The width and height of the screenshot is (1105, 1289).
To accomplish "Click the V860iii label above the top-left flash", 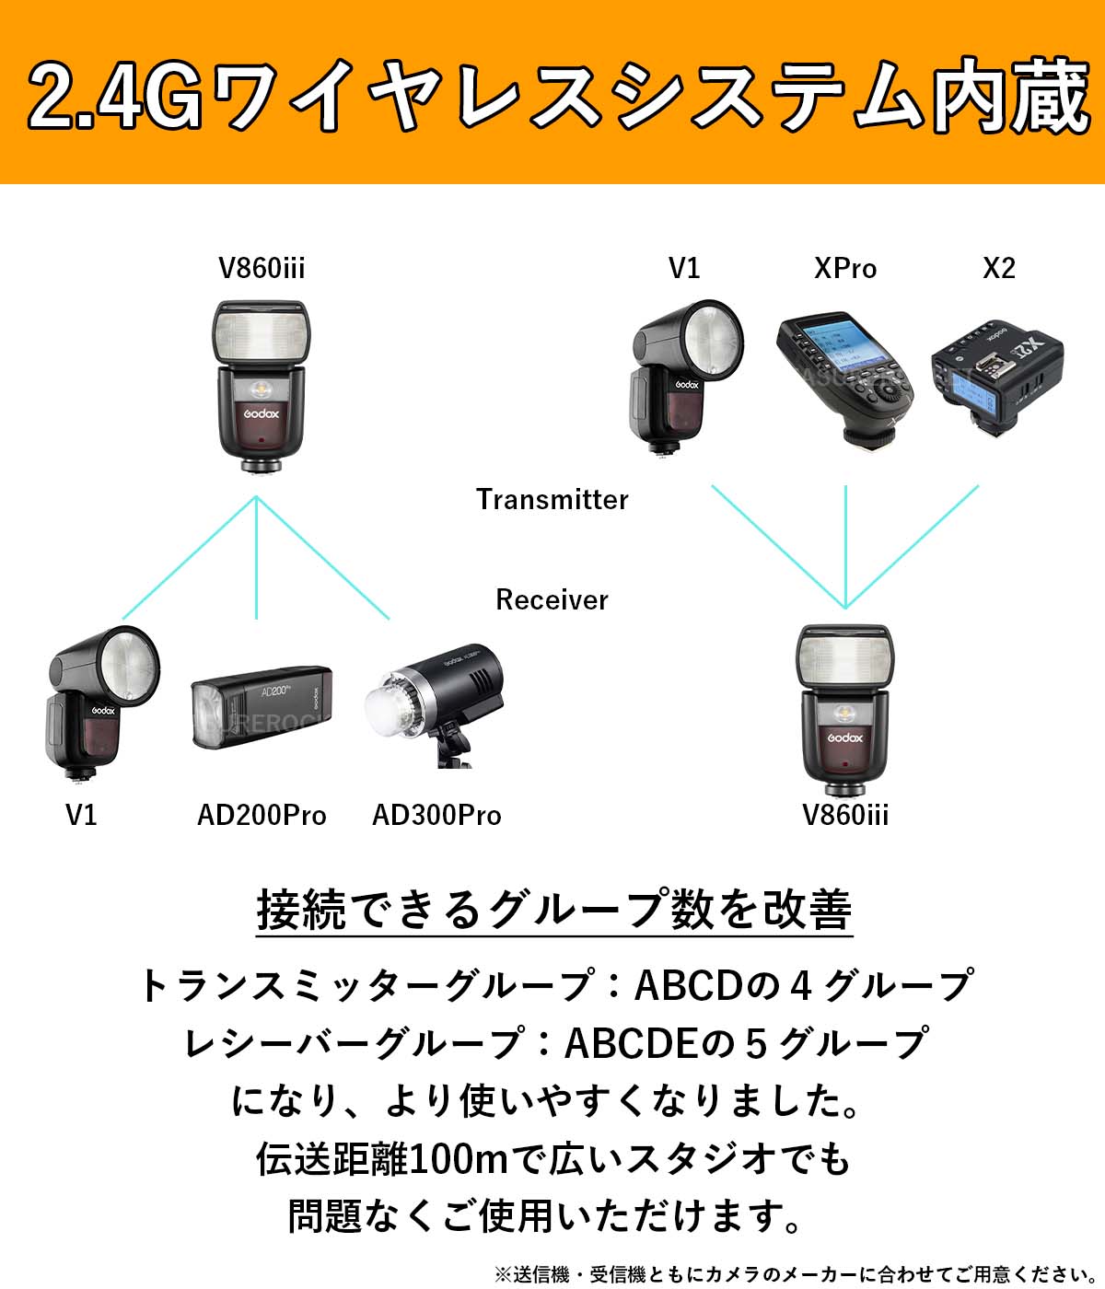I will pyautogui.click(x=262, y=268).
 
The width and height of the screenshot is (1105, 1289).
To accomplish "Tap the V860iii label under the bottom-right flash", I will pyautogui.click(x=845, y=815).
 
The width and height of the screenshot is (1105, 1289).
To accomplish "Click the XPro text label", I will pyautogui.click(x=845, y=268).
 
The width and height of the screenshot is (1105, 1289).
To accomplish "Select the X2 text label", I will pyautogui.click(x=998, y=268).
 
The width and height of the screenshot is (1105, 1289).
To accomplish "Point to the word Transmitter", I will pyautogui.click(x=552, y=499).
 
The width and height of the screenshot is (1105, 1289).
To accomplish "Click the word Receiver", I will pyautogui.click(x=552, y=599).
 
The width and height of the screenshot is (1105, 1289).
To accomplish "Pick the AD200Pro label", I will pyautogui.click(x=262, y=815).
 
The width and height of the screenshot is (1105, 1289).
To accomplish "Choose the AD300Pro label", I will pyautogui.click(x=436, y=815).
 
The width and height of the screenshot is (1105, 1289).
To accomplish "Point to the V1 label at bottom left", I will pyautogui.click(x=81, y=815).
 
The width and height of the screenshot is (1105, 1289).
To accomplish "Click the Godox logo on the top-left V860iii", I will pyautogui.click(x=262, y=413).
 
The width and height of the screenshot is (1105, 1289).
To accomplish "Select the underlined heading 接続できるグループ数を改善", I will pyautogui.click(x=553, y=910).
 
